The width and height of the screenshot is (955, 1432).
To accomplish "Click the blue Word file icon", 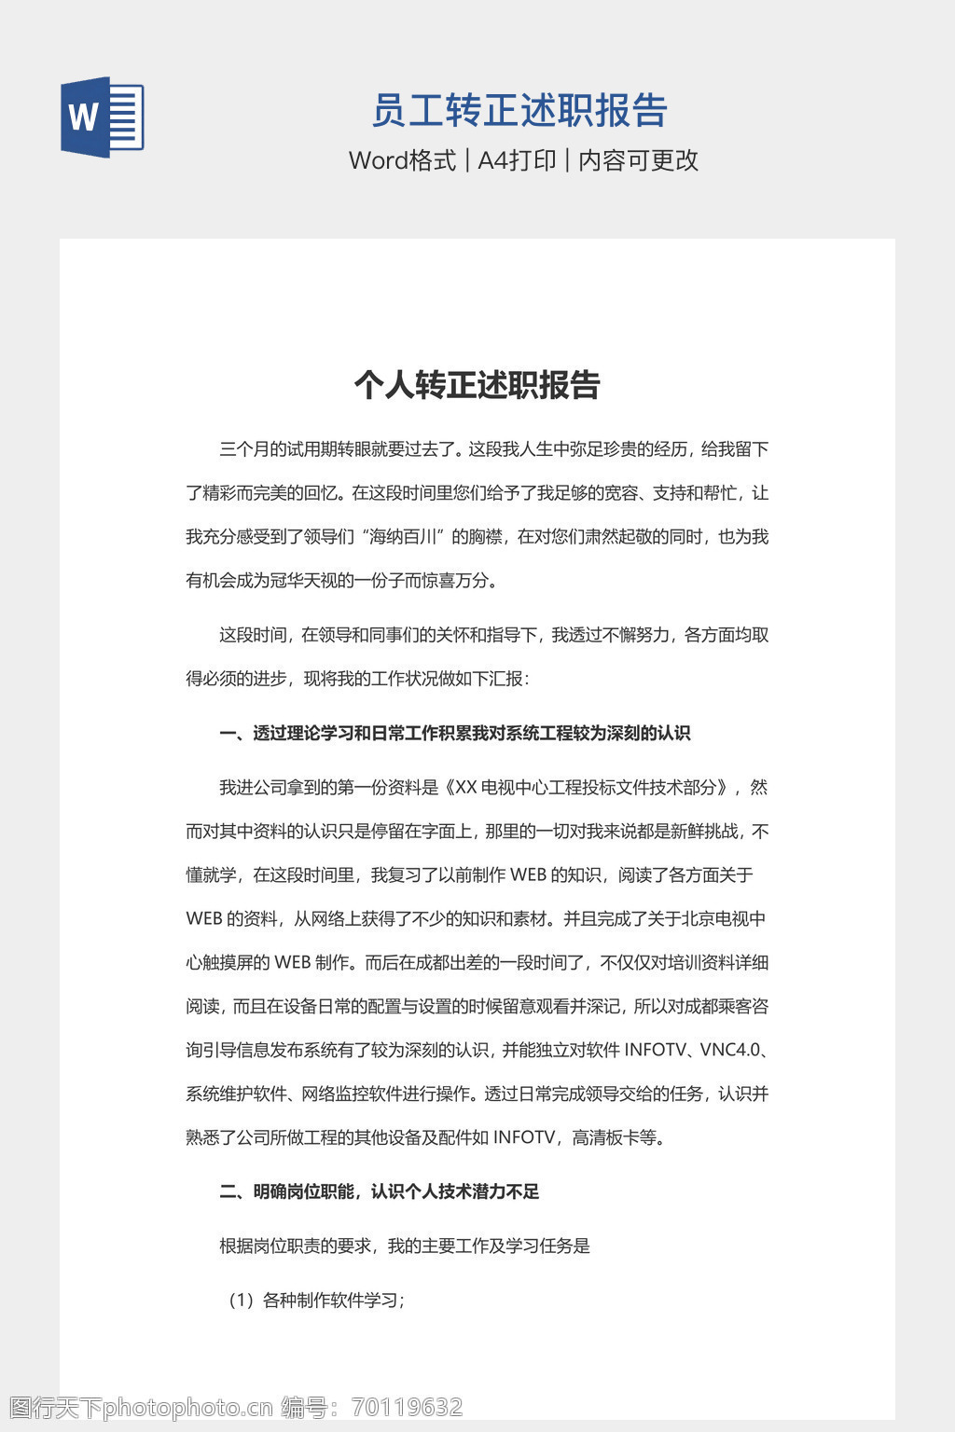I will (x=103, y=117).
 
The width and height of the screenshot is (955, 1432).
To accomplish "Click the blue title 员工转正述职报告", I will (x=519, y=111).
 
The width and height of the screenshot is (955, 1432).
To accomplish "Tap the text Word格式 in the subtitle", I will (x=402, y=160).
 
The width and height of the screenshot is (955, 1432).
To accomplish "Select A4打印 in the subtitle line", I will (x=517, y=160).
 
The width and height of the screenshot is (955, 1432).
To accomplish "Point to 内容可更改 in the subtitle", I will (x=638, y=160).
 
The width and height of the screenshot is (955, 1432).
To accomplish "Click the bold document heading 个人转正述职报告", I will (x=477, y=384).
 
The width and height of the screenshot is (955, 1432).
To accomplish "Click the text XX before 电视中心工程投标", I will (x=465, y=788).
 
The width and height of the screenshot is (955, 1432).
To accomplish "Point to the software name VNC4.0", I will (x=730, y=1050).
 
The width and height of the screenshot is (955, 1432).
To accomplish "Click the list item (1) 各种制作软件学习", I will (x=316, y=1301).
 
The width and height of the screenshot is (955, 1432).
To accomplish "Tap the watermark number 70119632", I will (x=407, y=1407).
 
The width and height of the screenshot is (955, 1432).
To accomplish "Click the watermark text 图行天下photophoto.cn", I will (x=141, y=1407).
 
